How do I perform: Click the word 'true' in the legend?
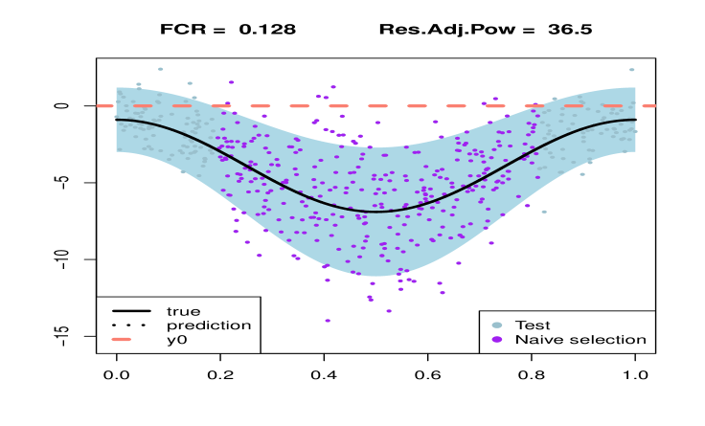pyautogui.click(x=183, y=311)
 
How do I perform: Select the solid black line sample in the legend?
pyautogui.click(x=131, y=311)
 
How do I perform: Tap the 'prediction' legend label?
pyautogui.click(x=208, y=325)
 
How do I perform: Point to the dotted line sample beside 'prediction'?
pyautogui.click(x=131, y=325)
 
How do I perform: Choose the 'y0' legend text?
pyautogui.click(x=176, y=340)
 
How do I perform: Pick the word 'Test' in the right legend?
pyautogui.click(x=533, y=325)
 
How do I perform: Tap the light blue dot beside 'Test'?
pyautogui.click(x=496, y=325)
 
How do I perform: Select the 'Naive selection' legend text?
pyautogui.click(x=580, y=340)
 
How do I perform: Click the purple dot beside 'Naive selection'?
pyautogui.click(x=496, y=340)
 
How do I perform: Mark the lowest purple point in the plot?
pyautogui.click(x=328, y=321)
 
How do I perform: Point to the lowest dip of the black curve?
pyautogui.click(x=375, y=212)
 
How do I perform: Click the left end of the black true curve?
pyautogui.click(x=117, y=120)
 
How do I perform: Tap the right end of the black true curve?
pyautogui.click(x=635, y=120)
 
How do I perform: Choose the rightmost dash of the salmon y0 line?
pyautogui.click(x=648, y=106)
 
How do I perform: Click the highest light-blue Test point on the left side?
pyautogui.click(x=160, y=69)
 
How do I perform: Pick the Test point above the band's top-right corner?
pyautogui.click(x=632, y=70)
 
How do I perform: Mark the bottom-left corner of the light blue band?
pyautogui.click(x=117, y=151)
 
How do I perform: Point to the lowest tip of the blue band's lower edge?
pyautogui.click(x=375, y=276)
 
